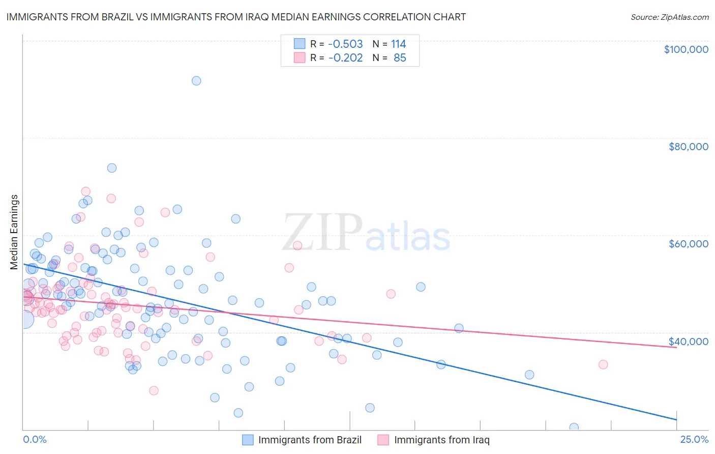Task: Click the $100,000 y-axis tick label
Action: point(686,49)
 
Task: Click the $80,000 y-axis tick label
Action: point(688,147)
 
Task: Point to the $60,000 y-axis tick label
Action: point(688,244)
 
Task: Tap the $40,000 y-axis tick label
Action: point(688,341)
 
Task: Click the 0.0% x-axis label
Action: point(35,440)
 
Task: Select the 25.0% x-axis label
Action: point(694,440)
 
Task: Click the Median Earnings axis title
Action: point(14,232)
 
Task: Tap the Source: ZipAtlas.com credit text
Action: point(669,17)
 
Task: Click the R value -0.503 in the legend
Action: point(345,44)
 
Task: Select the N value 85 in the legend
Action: point(400,58)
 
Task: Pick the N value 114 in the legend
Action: point(398,44)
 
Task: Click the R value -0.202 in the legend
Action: point(345,58)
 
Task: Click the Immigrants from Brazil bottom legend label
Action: point(310,440)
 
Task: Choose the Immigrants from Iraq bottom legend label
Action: point(441,440)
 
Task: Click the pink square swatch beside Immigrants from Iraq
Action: point(383,440)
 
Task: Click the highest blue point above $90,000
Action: point(196,81)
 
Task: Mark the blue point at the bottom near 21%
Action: point(574,428)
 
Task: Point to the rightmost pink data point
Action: point(603,364)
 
